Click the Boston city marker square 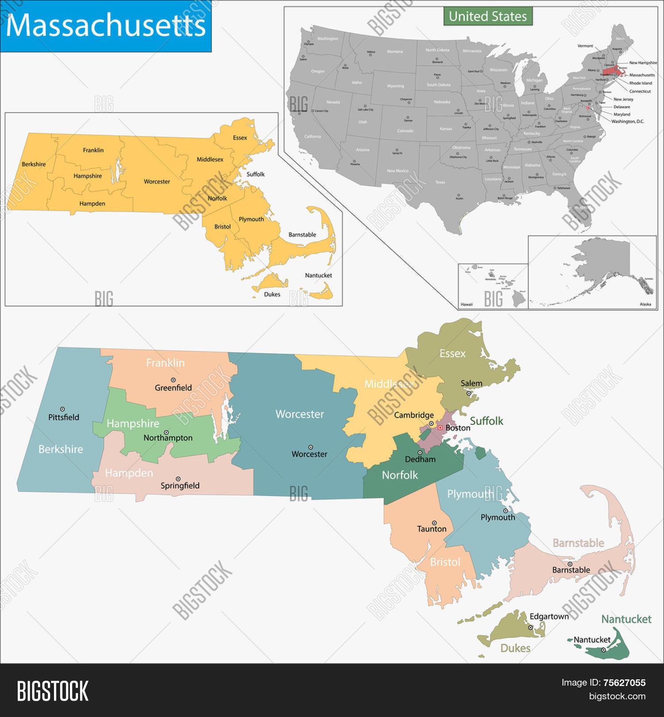(x=440, y=428)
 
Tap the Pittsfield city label (x=64, y=417)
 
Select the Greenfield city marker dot (x=173, y=380)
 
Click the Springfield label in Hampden (x=180, y=486)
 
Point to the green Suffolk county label (x=486, y=421)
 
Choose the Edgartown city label (x=549, y=616)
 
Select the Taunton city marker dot (x=434, y=523)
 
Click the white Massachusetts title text (x=106, y=25)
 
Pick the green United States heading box (x=488, y=16)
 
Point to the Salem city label (x=471, y=383)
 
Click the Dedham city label (x=420, y=459)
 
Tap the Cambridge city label (x=414, y=415)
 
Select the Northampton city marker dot (x=166, y=432)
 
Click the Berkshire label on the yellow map (x=34, y=164)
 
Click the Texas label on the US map (x=440, y=182)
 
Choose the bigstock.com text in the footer (x=617, y=696)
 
